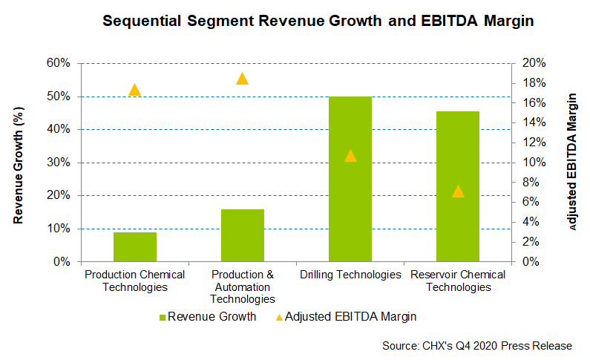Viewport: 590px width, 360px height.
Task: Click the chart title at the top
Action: tap(318, 22)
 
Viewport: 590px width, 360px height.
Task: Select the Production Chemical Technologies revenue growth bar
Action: tap(135, 246)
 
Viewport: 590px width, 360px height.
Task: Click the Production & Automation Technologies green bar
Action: tap(243, 235)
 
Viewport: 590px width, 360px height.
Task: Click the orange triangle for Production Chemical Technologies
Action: tap(135, 90)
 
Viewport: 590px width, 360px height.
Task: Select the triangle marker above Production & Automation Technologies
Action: tap(243, 79)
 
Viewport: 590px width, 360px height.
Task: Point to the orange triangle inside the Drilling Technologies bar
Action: tap(350, 156)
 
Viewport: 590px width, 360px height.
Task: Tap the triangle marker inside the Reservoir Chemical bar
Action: tap(458, 192)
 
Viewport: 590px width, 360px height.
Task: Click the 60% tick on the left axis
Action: tap(58, 63)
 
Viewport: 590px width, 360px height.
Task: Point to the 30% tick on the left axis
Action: tap(58, 163)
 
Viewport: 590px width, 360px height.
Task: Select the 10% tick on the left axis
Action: tap(58, 229)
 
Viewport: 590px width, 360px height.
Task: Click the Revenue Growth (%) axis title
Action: tap(20, 163)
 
